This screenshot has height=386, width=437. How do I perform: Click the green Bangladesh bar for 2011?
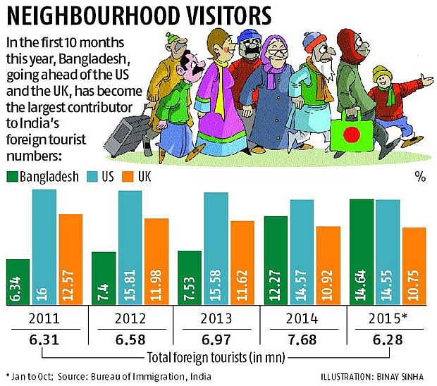(x=18, y=282)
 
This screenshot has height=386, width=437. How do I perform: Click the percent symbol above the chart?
(x=421, y=177)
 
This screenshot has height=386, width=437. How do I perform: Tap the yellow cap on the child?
(x=382, y=73)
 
